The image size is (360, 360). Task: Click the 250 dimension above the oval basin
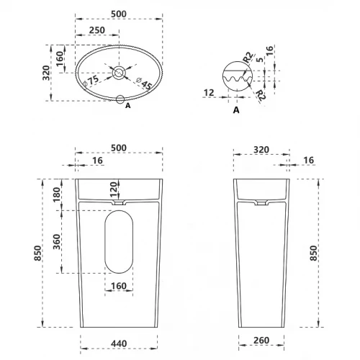(x=97, y=30)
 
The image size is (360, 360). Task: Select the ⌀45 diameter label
(x=144, y=84)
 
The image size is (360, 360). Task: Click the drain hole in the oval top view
(x=119, y=72)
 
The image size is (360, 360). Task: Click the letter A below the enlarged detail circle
(x=236, y=110)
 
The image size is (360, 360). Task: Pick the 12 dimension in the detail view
(x=209, y=93)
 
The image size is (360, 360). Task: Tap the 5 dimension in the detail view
(x=260, y=60)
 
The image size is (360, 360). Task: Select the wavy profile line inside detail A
(x=238, y=79)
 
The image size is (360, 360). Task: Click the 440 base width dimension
(x=119, y=343)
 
